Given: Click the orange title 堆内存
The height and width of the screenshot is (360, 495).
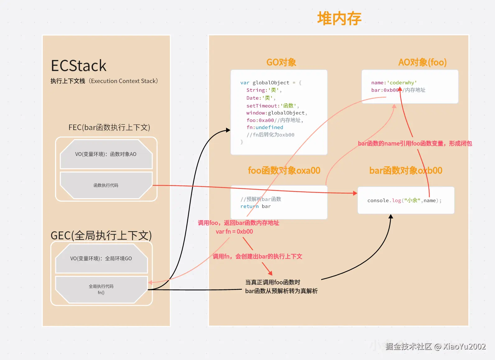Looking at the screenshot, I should coord(339,19).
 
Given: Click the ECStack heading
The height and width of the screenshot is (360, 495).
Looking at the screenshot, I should coord(78,66).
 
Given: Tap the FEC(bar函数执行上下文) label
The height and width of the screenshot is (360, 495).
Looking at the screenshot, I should coord(109,128).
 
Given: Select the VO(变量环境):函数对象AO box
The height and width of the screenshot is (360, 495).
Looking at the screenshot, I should coord(106,154).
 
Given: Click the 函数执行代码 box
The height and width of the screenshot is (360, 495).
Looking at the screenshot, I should coord(106,185).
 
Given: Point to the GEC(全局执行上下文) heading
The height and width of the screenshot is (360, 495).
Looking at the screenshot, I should coord(101,236).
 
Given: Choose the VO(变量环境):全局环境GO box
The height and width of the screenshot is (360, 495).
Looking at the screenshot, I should coord(101,259).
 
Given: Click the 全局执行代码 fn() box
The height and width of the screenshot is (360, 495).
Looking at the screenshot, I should coord(101,289).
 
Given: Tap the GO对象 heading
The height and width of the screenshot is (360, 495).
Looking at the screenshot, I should coord(281,63).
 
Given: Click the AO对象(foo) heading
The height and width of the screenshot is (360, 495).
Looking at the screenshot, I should coord(422,63).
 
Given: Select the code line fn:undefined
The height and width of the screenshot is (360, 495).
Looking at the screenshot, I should coord(265,127).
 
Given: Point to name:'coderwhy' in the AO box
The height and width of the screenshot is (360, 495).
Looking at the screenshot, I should coord(394,83).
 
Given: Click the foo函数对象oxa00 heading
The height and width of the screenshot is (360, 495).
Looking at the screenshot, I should coord(284,171).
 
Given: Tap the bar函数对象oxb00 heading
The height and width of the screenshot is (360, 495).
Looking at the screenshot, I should coord(405,171).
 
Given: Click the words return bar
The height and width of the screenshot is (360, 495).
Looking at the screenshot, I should coord(255,206).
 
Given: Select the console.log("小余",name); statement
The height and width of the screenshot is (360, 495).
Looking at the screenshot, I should coord(404,200).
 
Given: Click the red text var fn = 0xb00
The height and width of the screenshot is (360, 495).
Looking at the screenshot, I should coord(234,231).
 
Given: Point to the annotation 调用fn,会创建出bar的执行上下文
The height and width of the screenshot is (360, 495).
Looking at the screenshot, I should coord(257,256).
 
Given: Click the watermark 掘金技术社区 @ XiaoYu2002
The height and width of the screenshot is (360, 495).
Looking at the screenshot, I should coord(435,347).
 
